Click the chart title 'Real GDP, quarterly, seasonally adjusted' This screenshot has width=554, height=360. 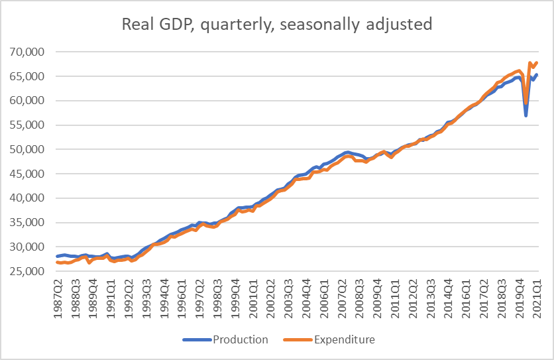pyautogui.click(x=277, y=25)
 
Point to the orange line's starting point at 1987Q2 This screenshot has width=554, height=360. pyautogui.click(x=58, y=263)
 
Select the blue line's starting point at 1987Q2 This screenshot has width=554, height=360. pyautogui.click(x=58, y=256)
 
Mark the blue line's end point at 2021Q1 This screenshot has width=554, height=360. pyautogui.click(x=537, y=74)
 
